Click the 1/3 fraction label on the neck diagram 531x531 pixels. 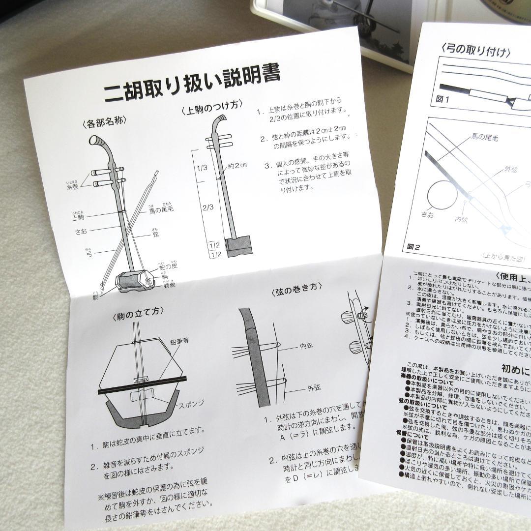coord(202,168)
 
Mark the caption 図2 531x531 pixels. coord(413,247)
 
